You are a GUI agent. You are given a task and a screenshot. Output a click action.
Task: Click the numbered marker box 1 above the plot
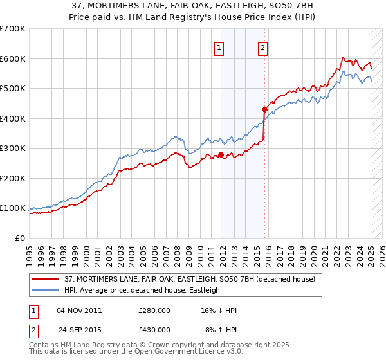tap(219, 46)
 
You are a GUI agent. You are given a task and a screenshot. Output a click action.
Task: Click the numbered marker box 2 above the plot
tap(264, 46)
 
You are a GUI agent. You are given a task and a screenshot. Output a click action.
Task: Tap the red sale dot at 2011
tap(221, 154)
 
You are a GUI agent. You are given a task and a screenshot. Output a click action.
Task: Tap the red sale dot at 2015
tap(264, 109)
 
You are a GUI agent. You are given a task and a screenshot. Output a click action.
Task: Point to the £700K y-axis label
tap(13, 29)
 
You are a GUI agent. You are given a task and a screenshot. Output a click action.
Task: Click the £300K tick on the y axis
tap(13, 148)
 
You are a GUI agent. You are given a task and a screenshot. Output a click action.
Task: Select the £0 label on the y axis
tap(20, 238)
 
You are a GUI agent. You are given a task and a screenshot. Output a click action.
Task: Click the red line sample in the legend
tap(47, 279)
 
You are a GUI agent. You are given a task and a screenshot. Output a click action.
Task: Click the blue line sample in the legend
tap(47, 291)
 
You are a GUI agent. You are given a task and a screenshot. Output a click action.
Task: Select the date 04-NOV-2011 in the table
tap(79, 310)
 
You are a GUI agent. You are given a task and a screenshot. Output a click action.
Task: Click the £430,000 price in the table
tap(154, 330)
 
